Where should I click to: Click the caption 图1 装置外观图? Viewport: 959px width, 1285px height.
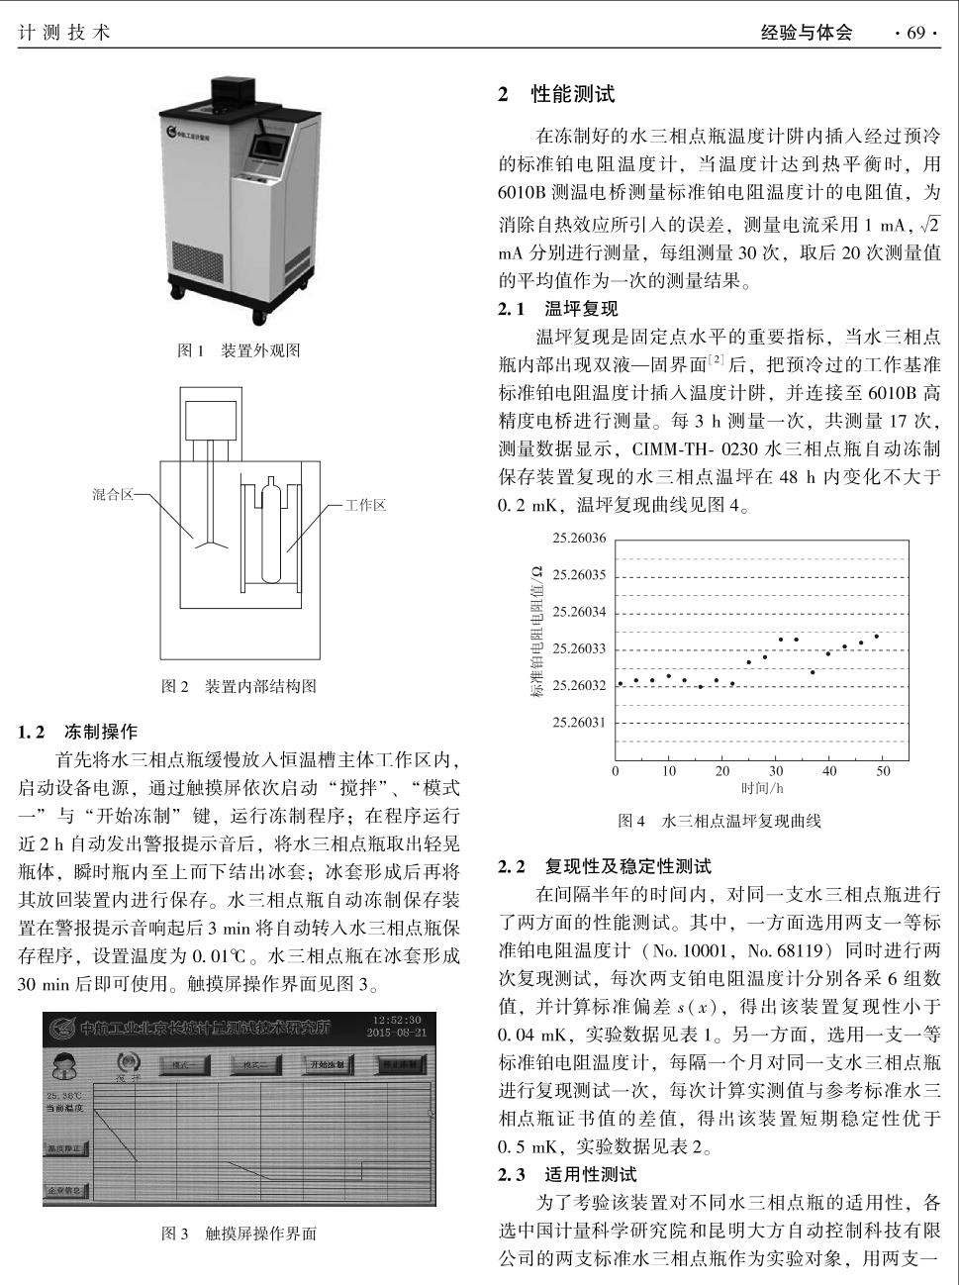pos(239,350)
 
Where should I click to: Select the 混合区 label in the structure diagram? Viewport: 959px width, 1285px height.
pos(113,494)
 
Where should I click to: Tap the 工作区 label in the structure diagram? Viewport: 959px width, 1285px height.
pos(365,505)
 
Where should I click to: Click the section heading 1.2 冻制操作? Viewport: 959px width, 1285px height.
pos(79,732)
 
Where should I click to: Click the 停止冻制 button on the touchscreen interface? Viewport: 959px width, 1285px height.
pos(400,1064)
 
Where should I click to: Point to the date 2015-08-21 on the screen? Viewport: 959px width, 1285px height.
pos(395,1033)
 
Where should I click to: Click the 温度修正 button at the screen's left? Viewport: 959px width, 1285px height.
pos(65,1148)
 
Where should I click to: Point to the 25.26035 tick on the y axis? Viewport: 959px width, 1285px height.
pos(579,575)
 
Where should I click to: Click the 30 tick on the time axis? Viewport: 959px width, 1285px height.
pos(776,771)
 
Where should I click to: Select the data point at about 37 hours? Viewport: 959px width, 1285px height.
pos(813,672)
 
